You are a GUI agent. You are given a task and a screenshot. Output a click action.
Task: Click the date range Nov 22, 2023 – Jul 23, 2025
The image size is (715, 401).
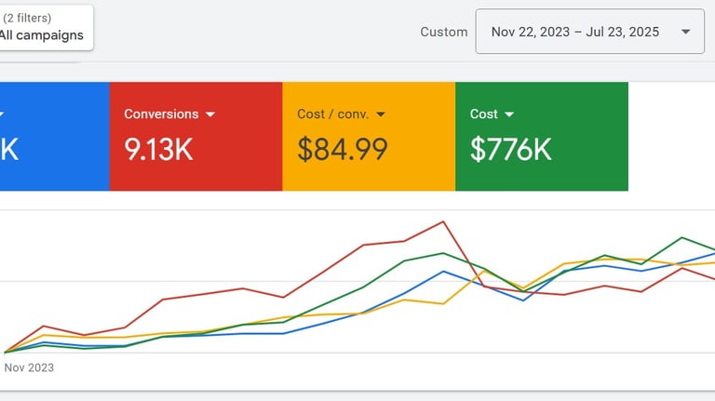[x=574, y=32]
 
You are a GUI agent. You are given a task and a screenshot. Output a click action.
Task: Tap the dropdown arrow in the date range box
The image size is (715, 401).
[x=686, y=32]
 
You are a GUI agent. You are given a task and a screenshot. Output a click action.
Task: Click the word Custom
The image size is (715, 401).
[x=444, y=32]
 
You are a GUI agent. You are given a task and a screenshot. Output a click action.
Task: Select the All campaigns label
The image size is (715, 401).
[x=42, y=35]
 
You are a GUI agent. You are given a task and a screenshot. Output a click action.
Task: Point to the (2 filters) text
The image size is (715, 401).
[x=27, y=18]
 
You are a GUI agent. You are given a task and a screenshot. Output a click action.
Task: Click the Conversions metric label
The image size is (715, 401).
[x=161, y=114]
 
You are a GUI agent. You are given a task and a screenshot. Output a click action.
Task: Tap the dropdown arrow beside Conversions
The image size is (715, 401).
[x=210, y=114]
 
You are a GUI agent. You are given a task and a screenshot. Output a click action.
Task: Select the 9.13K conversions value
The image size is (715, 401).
[x=159, y=149]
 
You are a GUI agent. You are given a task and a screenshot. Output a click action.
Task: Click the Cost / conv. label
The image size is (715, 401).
[x=333, y=114]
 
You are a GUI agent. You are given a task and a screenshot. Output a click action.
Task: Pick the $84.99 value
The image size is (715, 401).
[x=342, y=149]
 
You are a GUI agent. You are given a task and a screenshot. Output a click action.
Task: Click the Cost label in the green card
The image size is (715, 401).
[x=484, y=114]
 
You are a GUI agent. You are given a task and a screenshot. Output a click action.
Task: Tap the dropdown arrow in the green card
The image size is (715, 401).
[x=509, y=114]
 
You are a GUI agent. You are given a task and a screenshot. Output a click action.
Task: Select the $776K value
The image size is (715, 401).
[x=510, y=149]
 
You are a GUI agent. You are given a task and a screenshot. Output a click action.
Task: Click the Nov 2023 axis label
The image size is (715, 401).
[x=29, y=368]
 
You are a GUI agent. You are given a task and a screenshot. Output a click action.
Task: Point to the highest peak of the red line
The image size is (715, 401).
[x=443, y=221]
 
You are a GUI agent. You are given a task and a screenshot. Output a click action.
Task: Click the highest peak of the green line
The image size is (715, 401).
[x=684, y=237]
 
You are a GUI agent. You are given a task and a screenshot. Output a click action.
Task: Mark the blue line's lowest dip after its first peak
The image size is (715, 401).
[x=524, y=300]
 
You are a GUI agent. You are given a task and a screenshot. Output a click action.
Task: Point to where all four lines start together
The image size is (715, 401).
[x=5, y=353]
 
